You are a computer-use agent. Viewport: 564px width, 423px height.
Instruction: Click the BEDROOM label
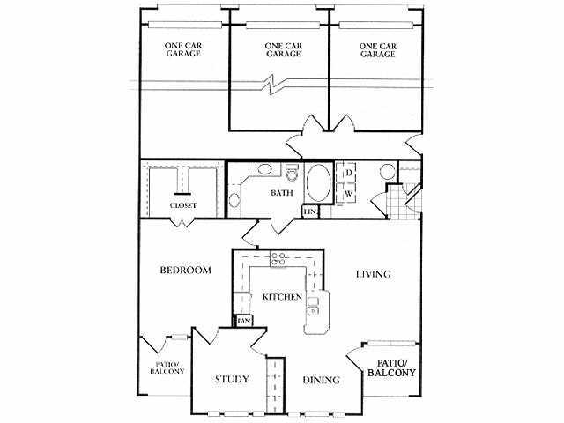(186, 271)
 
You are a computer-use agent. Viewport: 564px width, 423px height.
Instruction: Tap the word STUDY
(232, 379)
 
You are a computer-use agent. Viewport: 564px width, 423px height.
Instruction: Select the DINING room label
(321, 380)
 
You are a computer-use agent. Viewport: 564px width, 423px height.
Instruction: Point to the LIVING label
(374, 274)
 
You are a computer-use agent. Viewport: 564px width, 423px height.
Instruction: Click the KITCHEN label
(282, 297)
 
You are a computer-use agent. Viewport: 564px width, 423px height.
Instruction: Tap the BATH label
(282, 193)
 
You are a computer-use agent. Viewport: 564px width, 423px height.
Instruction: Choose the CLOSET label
(183, 205)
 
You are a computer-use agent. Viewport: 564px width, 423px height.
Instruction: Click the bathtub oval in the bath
(319, 183)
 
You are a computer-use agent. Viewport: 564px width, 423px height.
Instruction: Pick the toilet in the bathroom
(291, 173)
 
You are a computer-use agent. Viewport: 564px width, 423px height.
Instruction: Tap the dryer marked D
(348, 173)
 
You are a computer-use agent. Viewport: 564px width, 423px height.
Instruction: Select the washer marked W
(347, 194)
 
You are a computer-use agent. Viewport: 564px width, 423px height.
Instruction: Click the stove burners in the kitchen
(278, 259)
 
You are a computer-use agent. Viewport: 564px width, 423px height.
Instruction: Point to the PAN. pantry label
(245, 321)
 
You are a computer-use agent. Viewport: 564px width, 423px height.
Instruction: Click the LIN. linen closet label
(309, 212)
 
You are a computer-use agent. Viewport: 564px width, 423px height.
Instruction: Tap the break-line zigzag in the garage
(273, 85)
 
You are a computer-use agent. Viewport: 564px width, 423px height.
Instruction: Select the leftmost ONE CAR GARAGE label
(183, 50)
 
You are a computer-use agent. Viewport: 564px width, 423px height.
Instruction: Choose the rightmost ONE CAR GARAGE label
(378, 50)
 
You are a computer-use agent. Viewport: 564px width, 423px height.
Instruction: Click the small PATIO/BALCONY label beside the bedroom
(167, 367)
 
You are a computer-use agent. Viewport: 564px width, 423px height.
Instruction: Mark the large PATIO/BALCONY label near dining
(391, 367)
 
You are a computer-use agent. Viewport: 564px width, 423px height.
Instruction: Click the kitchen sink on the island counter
(313, 307)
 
